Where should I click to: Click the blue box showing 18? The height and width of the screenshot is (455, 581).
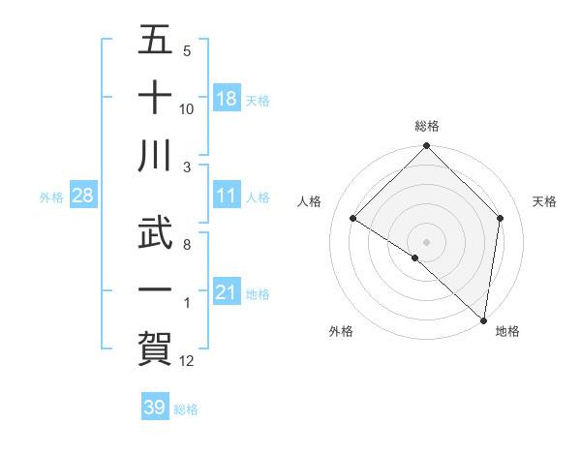[x=227, y=99]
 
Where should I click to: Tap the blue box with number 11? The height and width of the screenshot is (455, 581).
[x=227, y=196]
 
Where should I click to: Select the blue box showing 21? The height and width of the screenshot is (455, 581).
[x=227, y=292]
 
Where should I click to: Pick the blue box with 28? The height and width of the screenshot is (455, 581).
[x=83, y=196]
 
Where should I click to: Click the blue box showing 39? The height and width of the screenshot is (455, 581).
[x=154, y=408]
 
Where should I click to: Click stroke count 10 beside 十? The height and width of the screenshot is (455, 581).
[x=186, y=108]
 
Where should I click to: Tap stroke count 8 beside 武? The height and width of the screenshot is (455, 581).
[x=186, y=244]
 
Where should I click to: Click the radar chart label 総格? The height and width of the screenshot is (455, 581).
[x=427, y=126]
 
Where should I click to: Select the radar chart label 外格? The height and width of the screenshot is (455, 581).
[x=341, y=332]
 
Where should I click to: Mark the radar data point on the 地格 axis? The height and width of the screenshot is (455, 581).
[x=483, y=319]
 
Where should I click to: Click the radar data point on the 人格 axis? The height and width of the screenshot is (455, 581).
[x=353, y=218]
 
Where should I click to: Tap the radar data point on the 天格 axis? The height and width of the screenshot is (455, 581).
[x=501, y=218]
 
